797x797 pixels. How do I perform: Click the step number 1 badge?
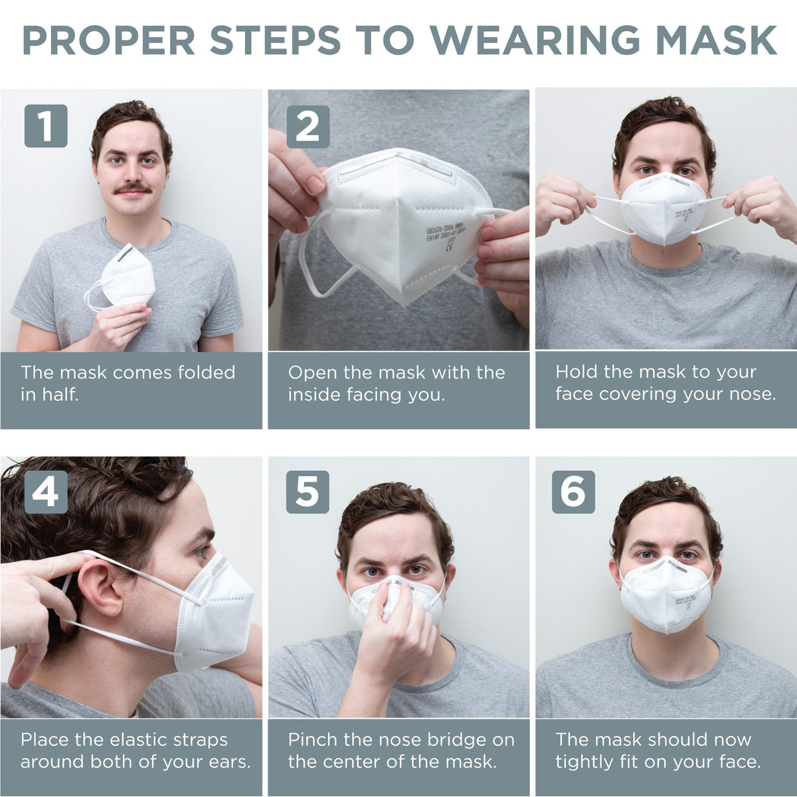[x=46, y=126]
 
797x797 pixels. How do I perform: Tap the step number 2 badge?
[x=308, y=126]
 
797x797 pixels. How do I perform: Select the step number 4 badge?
[x=46, y=491]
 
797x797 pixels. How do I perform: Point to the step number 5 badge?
[x=308, y=491]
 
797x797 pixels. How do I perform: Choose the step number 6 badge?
[x=573, y=491]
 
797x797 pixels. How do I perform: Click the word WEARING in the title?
[x=535, y=41]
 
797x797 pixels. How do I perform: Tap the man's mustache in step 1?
[x=132, y=189]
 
